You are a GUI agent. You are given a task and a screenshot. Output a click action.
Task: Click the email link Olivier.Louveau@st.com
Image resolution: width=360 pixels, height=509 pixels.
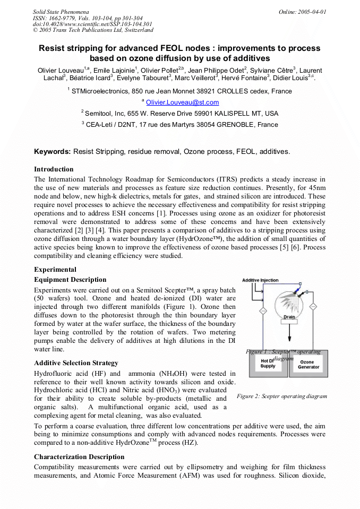point(182,102)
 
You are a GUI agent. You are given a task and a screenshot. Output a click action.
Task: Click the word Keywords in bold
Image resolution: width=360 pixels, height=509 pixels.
point(53,151)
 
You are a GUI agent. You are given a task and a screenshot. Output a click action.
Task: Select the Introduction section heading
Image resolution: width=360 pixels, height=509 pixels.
point(54,169)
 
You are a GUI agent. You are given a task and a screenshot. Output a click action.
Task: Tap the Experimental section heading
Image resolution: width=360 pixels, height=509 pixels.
point(55,269)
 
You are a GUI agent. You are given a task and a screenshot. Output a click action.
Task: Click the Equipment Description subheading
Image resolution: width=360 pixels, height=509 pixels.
point(70,280)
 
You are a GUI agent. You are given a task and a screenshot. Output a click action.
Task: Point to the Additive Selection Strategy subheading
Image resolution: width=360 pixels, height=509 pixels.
point(76,363)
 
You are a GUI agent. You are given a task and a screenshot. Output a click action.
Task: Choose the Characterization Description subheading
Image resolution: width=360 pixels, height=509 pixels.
point(79,456)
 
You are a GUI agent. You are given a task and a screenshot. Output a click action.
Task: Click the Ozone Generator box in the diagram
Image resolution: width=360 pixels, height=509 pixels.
point(308,364)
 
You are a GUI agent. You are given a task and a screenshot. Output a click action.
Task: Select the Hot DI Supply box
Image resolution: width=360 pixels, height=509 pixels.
point(268,364)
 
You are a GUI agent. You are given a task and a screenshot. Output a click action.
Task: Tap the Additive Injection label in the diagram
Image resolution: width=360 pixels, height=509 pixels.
point(260,280)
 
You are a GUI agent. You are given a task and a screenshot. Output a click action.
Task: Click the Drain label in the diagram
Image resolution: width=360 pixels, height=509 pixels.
point(289,317)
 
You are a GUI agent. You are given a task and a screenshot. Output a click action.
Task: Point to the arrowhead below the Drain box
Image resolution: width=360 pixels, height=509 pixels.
point(289,340)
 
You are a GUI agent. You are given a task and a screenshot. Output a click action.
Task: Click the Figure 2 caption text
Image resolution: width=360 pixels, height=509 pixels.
point(281,396)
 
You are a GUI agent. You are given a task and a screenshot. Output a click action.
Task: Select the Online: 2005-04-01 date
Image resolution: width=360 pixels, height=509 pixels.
point(302,11)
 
